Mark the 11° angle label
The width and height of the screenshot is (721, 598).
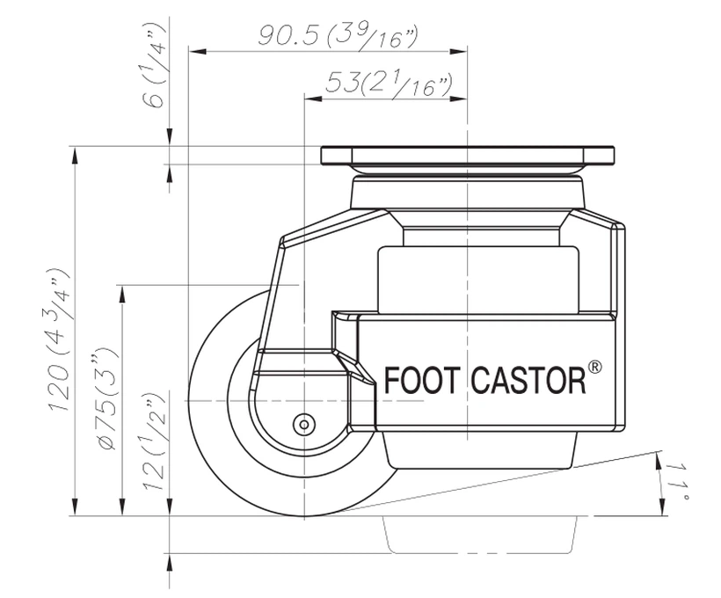682,481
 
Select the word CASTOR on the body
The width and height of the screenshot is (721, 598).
528,382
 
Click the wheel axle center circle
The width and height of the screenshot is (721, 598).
304,424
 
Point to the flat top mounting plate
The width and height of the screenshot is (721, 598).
466,157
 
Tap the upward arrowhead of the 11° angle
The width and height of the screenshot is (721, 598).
659,456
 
